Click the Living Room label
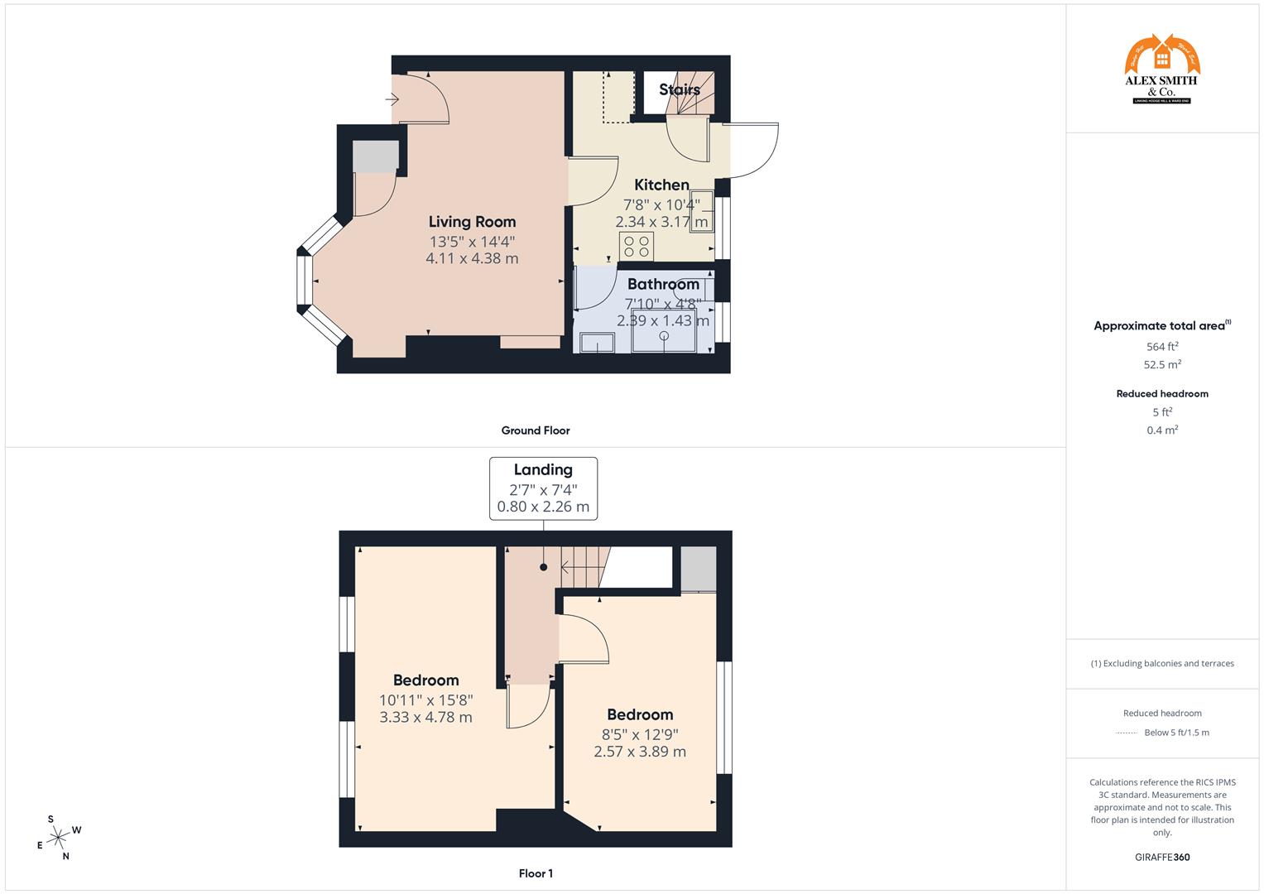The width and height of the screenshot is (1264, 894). [x=472, y=222]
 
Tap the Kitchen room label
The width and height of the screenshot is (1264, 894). [x=661, y=185]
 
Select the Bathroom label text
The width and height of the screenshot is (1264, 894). [x=663, y=285]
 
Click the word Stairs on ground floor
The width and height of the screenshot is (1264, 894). [x=680, y=89]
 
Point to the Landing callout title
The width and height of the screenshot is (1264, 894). [x=543, y=470]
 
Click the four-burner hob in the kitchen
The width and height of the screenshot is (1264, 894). [x=637, y=246]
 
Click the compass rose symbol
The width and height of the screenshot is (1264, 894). [x=58, y=838]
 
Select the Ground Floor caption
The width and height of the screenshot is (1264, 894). [x=536, y=430]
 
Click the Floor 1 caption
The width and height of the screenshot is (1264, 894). [x=536, y=873]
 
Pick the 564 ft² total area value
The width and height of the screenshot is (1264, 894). [x=1162, y=347]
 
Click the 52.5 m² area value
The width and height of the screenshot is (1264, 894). [x=1162, y=364]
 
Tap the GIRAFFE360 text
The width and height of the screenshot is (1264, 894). [x=1162, y=858]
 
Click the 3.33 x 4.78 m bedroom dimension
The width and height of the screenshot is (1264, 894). [x=425, y=718]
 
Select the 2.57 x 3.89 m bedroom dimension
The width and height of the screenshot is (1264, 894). [x=640, y=752]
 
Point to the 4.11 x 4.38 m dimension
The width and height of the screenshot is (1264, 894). [x=472, y=258]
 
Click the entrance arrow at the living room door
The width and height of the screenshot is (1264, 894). [x=392, y=99]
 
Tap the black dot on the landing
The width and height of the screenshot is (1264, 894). [x=544, y=567]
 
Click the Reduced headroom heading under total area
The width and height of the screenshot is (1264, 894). [x=1162, y=394]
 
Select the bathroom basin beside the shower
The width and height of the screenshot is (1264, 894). [x=597, y=343]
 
